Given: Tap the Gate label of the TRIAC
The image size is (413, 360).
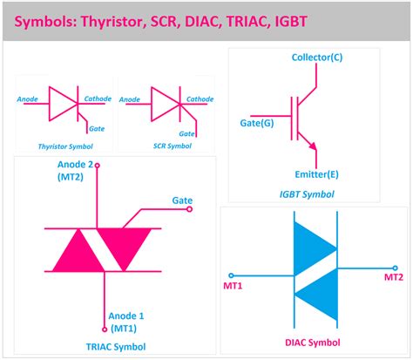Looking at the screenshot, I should click(182, 200).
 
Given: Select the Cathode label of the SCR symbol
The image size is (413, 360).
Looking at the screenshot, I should click(199, 99).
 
